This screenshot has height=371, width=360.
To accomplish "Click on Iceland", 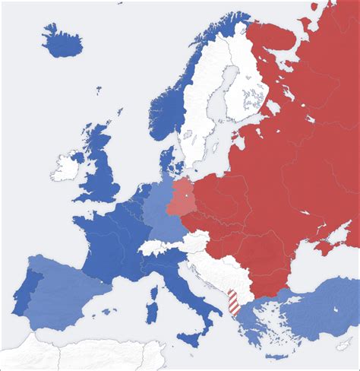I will coord(63,42).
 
